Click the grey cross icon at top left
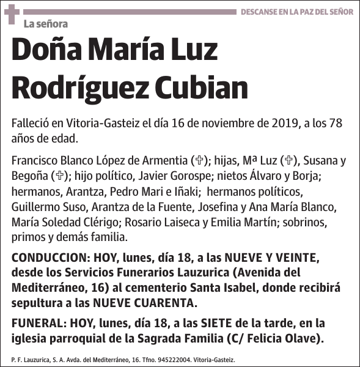pos(12,15)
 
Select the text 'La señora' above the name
pos(45,24)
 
